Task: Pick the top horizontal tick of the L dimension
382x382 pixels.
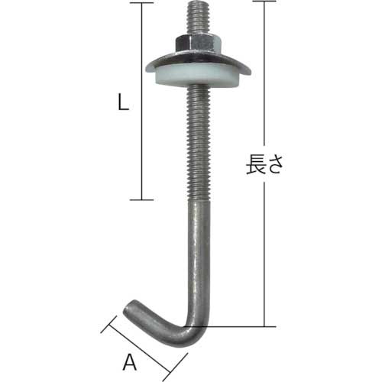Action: [137, 3]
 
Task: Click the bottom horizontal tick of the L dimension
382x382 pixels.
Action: [137, 199]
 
